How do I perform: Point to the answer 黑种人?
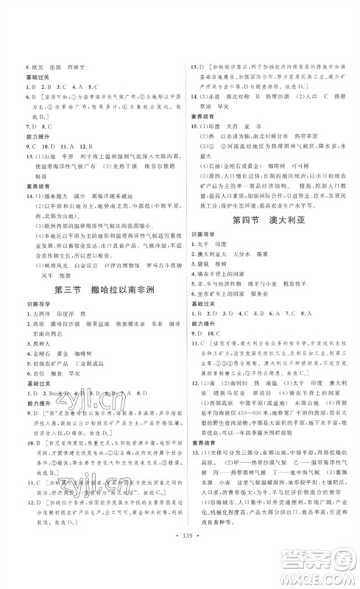[x=40, y=343]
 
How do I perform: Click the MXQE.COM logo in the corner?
[x=324, y=567]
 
